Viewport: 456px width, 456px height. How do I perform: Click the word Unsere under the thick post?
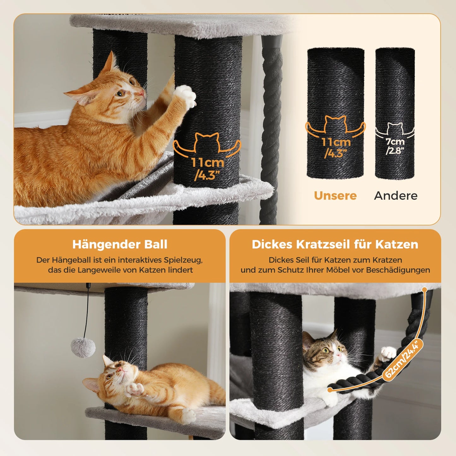tap(335, 196)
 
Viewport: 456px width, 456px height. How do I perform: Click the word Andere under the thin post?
tap(396, 196)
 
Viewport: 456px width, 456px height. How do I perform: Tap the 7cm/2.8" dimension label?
tap(395, 146)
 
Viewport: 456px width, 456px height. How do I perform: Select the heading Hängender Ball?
tap(120, 244)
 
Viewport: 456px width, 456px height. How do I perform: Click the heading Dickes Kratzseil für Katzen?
tap(335, 244)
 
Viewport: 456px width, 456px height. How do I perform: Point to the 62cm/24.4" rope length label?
tap(403, 359)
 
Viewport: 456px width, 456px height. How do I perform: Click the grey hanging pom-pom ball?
tap(83, 347)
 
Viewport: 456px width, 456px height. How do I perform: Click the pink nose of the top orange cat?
tap(141, 93)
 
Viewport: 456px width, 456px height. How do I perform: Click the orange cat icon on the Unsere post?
tap(335, 124)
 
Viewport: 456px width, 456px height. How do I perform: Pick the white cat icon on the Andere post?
tap(395, 129)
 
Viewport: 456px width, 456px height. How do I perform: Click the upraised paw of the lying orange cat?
tap(134, 390)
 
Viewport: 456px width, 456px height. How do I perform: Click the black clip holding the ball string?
tap(88, 287)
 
